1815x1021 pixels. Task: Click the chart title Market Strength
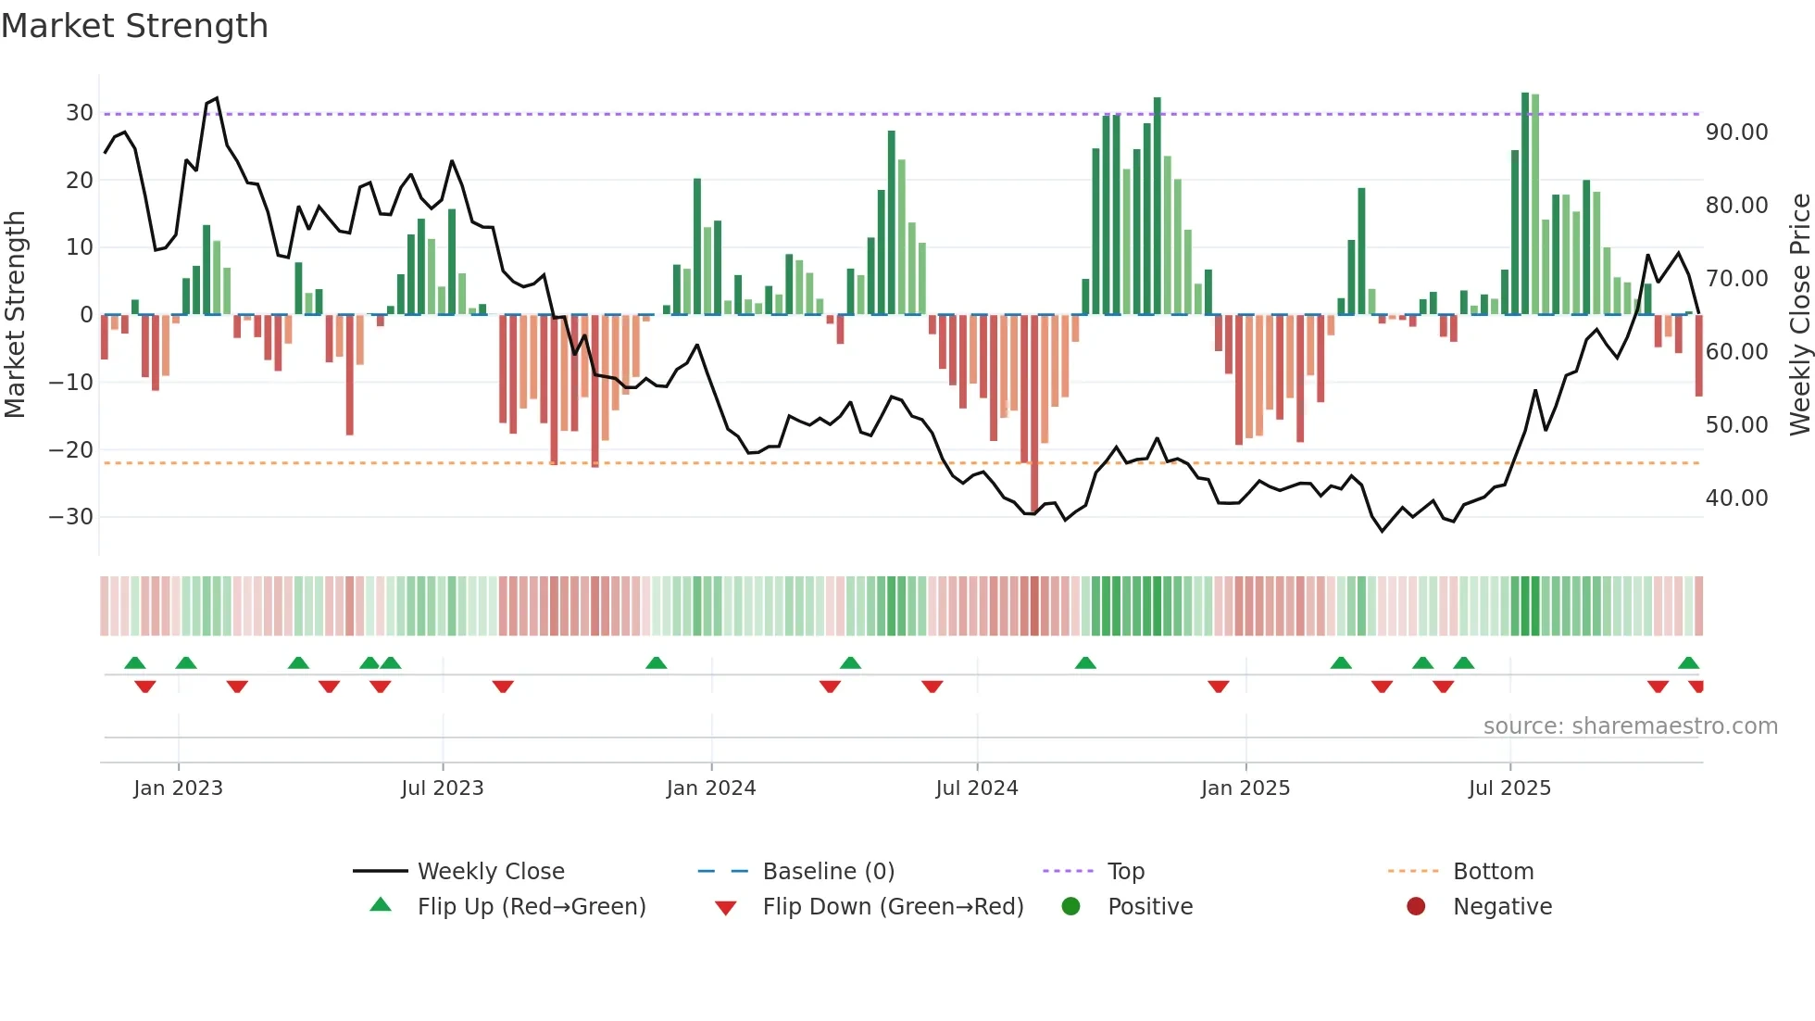point(134,26)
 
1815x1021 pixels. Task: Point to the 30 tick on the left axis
point(79,113)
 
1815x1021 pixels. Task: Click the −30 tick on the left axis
point(71,517)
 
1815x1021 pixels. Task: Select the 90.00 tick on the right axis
point(1736,132)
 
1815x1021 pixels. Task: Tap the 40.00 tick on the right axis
point(1736,498)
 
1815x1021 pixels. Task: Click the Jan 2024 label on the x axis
point(710,788)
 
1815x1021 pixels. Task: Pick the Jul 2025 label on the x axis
point(1508,788)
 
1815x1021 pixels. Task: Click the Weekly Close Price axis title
point(1799,315)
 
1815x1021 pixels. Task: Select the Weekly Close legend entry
point(490,872)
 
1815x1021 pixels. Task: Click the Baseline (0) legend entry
point(828,872)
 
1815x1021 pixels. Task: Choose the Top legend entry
point(1125,872)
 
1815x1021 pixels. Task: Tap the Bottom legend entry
point(1493,872)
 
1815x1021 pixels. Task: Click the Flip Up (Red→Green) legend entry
point(531,907)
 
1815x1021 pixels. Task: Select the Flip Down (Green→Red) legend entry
point(892,907)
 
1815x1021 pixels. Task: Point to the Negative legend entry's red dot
point(1416,907)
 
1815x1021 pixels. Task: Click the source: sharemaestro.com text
point(1630,726)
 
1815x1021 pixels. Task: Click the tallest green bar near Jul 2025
point(1525,204)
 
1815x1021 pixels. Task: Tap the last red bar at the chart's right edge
point(1698,356)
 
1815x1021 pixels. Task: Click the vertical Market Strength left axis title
point(16,315)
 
